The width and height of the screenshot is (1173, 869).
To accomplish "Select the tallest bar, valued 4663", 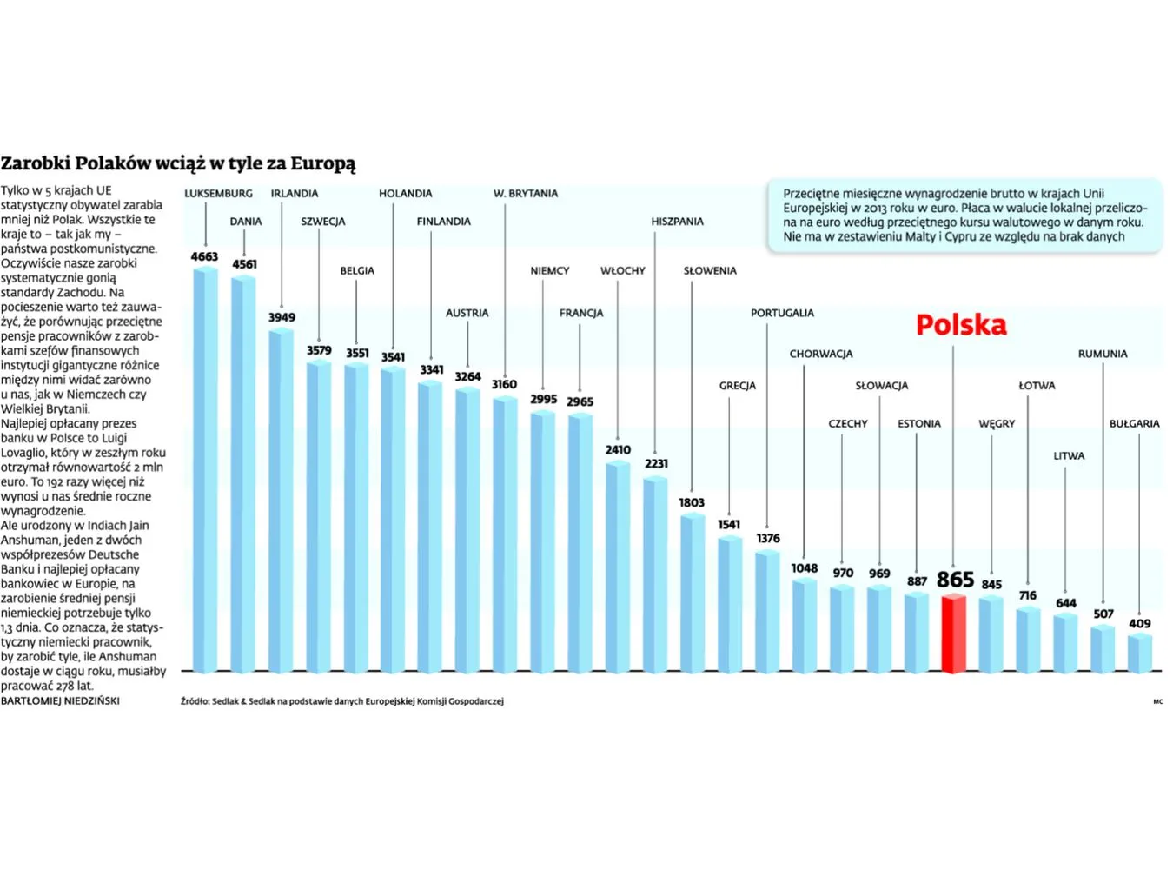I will (x=205, y=469).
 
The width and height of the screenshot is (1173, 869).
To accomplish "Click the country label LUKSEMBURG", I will (x=218, y=194).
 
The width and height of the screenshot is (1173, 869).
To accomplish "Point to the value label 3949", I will (x=282, y=318).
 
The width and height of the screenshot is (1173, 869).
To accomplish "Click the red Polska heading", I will (x=961, y=325).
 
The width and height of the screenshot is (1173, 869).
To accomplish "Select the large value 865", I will (x=955, y=580).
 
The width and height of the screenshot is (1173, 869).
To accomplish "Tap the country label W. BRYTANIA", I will (x=526, y=194).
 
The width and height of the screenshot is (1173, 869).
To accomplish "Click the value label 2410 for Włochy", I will (x=618, y=450).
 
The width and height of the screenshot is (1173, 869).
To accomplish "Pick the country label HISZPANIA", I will (x=677, y=222).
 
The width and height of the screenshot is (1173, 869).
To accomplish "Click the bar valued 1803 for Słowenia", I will (x=693, y=593).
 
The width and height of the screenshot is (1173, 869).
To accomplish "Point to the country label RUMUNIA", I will (x=1102, y=355).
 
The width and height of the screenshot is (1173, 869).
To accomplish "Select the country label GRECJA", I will (x=737, y=386).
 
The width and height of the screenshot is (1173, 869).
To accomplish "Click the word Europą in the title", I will (x=322, y=163).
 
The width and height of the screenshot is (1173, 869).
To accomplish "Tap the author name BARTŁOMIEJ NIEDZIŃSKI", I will (x=60, y=700).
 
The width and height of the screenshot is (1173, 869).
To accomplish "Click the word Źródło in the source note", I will (x=195, y=701).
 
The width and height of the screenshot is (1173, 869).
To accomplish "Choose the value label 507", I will (x=1103, y=614).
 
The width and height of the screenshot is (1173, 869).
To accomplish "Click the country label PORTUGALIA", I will (x=782, y=313).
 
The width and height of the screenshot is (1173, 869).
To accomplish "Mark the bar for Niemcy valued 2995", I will (x=543, y=542).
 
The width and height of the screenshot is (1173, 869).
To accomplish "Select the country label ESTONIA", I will (x=918, y=424).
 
